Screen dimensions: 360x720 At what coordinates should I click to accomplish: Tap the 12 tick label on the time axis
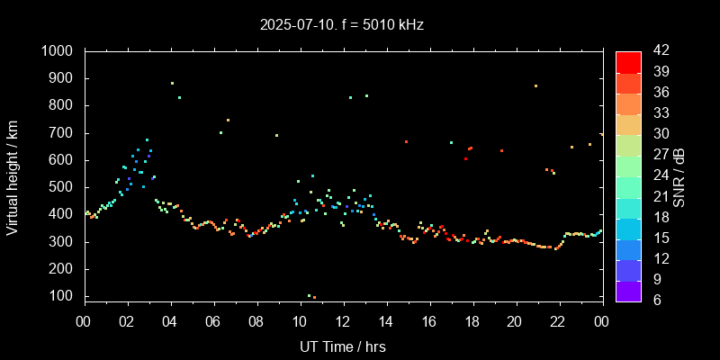(x=343, y=322)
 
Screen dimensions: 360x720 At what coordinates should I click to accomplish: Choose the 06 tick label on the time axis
(x=213, y=322)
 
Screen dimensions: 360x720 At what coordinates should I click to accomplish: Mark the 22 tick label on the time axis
(x=558, y=322)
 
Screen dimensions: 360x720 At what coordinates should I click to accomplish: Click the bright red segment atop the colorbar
(x=628, y=61)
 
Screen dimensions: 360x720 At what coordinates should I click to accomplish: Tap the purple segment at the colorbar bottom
(x=628, y=290)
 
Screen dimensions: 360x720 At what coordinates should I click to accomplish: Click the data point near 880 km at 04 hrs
(x=172, y=83)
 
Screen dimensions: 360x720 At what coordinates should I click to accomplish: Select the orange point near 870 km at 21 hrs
(x=535, y=85)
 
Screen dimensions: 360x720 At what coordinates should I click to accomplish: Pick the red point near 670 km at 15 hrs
(x=406, y=141)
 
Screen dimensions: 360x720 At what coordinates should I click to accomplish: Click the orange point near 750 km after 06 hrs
(x=228, y=120)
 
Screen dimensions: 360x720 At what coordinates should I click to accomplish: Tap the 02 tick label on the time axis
(x=127, y=322)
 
